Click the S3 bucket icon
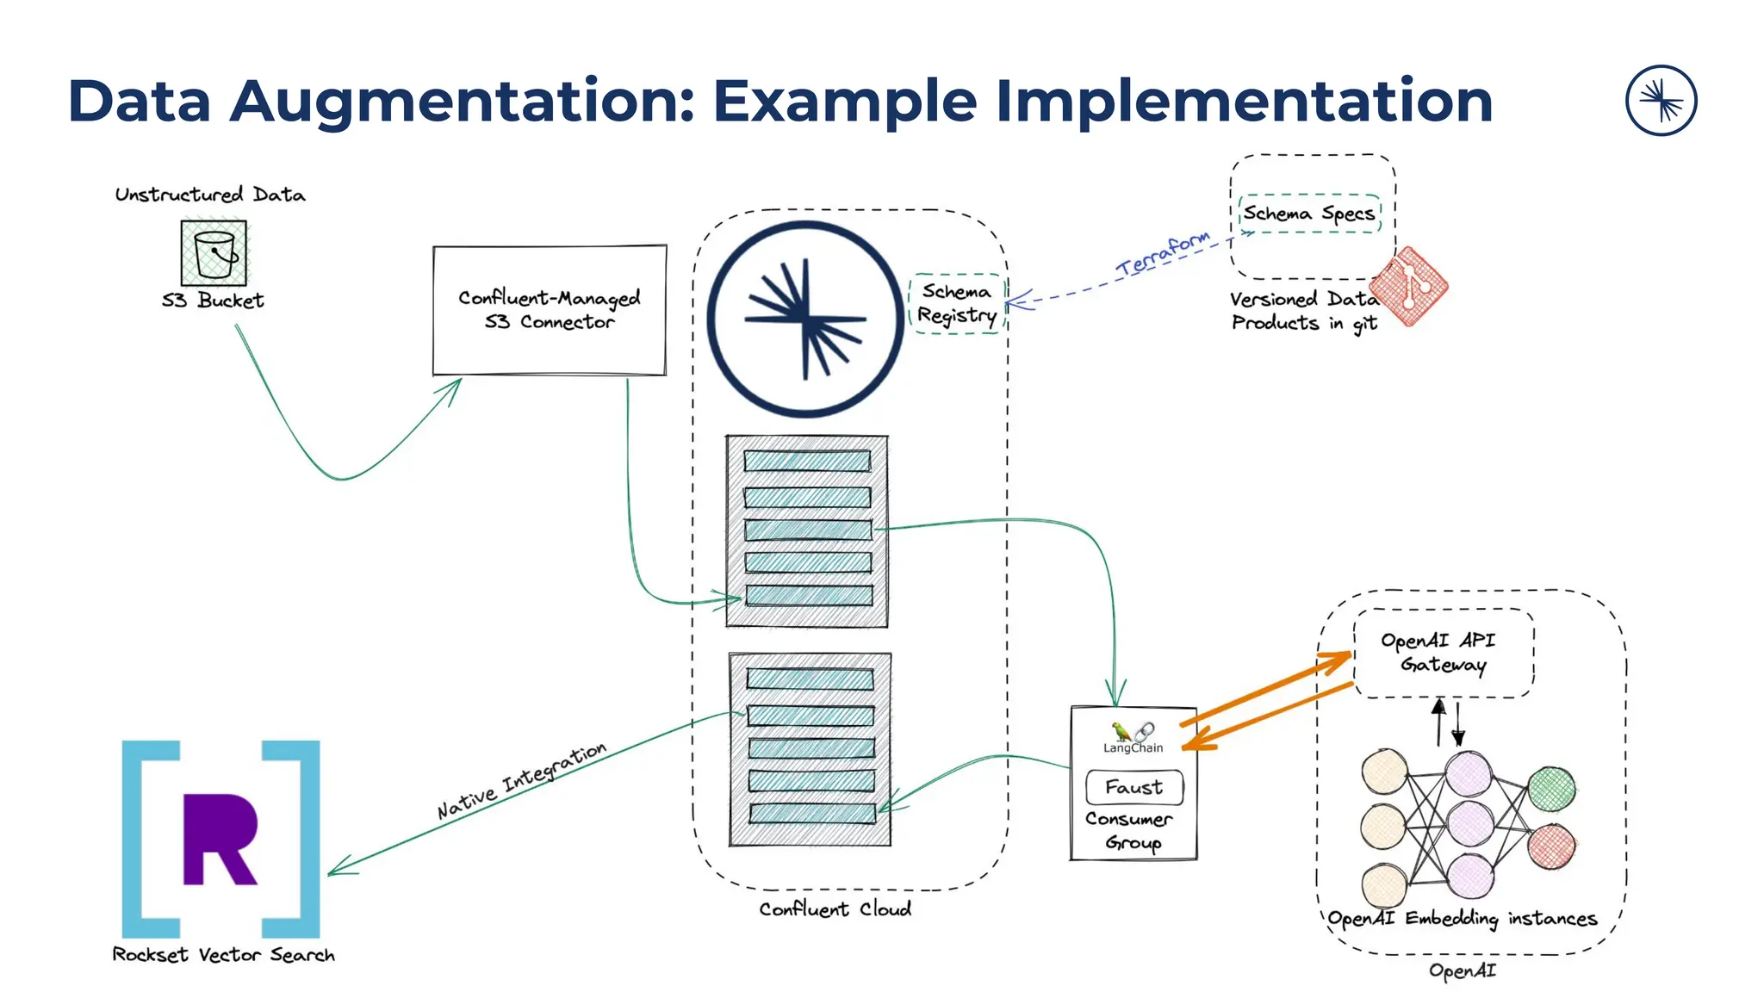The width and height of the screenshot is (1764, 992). click(x=214, y=252)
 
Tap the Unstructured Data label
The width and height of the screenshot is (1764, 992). click(x=210, y=195)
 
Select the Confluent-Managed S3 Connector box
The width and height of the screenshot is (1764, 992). click(x=550, y=310)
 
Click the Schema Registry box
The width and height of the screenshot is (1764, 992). click(x=956, y=303)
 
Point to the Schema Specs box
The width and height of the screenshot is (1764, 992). click(x=1309, y=214)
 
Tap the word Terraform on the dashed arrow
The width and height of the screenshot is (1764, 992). click(x=1163, y=254)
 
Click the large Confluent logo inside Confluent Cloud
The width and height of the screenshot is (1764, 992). click(x=805, y=319)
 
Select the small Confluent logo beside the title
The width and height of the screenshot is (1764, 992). click(x=1661, y=101)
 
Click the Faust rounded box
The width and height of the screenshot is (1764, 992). click(x=1134, y=787)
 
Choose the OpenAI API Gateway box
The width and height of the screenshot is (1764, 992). click(x=1444, y=653)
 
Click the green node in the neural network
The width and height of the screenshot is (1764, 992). click(x=1551, y=789)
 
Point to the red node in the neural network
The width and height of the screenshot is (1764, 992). click(x=1551, y=846)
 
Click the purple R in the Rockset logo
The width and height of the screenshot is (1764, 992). click(x=220, y=839)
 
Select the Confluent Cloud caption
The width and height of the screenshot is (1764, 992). click(x=835, y=909)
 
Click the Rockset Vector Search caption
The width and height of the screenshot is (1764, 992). click(x=223, y=955)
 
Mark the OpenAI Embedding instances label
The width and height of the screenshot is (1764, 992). click(x=1462, y=919)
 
